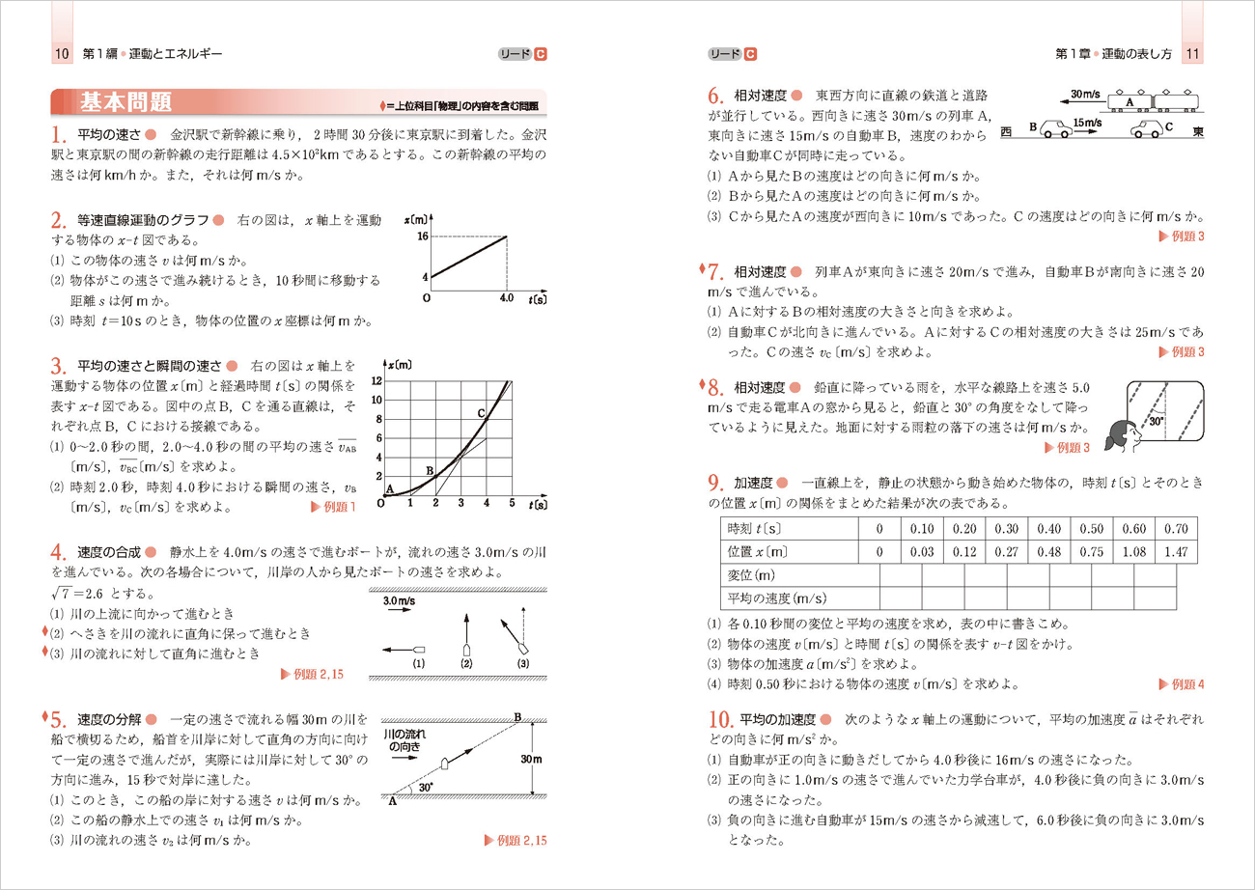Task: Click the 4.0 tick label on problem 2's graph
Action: [x=507, y=298]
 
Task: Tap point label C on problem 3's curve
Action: [x=480, y=412]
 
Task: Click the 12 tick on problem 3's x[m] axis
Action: [x=377, y=381]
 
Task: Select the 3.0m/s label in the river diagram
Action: [x=400, y=600]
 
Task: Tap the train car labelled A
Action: [x=1125, y=100]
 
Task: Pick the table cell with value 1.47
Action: [x=1176, y=552]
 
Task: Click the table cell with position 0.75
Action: [x=1092, y=552]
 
